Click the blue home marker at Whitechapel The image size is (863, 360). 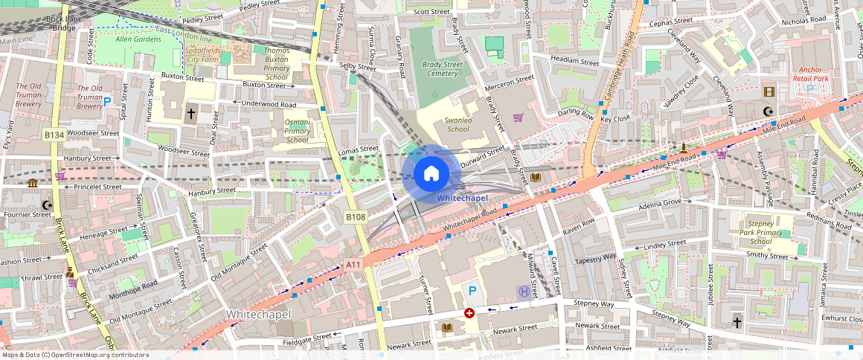click(431, 175)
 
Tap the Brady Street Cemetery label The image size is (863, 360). click(443, 69)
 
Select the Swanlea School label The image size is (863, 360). click(458, 124)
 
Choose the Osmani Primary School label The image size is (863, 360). click(297, 131)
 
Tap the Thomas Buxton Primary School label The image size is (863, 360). click(277, 63)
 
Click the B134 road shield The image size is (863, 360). click(54, 135)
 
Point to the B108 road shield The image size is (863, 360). click(356, 216)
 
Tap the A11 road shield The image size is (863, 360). click(353, 264)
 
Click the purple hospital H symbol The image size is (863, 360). click(524, 292)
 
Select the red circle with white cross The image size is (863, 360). click(469, 313)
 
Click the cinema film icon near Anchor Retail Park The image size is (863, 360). click(769, 92)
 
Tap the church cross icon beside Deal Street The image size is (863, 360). click(191, 114)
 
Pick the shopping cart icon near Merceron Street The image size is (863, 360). click(518, 118)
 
